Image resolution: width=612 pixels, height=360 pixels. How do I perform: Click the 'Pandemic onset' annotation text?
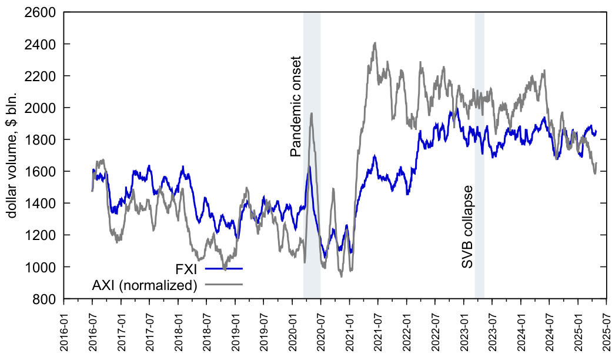296,106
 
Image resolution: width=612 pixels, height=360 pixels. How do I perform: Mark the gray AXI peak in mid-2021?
374,43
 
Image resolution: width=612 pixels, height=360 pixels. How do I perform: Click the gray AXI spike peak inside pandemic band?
311,113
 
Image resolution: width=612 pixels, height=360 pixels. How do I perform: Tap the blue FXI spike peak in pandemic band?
309,166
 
